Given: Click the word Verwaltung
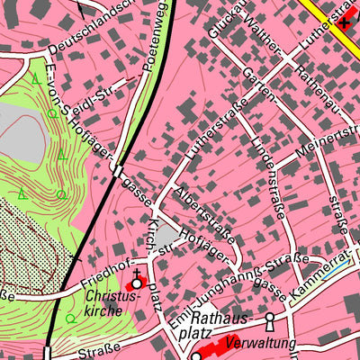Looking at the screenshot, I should [259, 344].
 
